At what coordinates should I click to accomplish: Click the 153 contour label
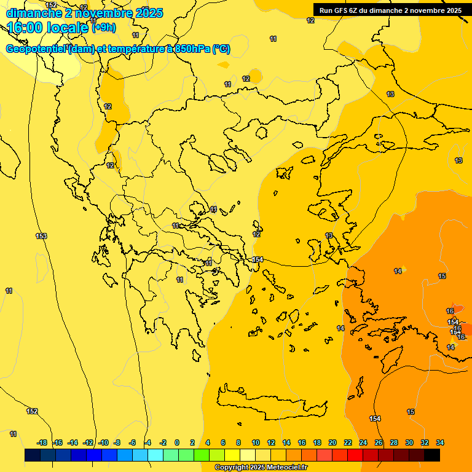[x=41, y=236]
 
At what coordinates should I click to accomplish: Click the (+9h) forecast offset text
[x=103, y=27]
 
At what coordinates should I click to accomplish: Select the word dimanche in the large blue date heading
[x=34, y=12]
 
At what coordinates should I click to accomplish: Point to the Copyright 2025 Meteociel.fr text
[x=261, y=467]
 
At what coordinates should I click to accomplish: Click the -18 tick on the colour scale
[x=42, y=442]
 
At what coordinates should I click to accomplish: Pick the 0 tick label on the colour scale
[x=177, y=442]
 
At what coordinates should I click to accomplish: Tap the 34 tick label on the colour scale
[x=440, y=442]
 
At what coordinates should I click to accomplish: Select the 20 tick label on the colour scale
[x=332, y=442]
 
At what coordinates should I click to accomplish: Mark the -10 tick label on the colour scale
[x=103, y=442]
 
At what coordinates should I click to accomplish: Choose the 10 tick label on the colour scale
[x=255, y=442]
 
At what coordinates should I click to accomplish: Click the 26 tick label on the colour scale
[x=379, y=442]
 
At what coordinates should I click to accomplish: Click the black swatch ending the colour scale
[x=432, y=455]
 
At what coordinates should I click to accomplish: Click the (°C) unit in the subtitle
[x=221, y=49]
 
